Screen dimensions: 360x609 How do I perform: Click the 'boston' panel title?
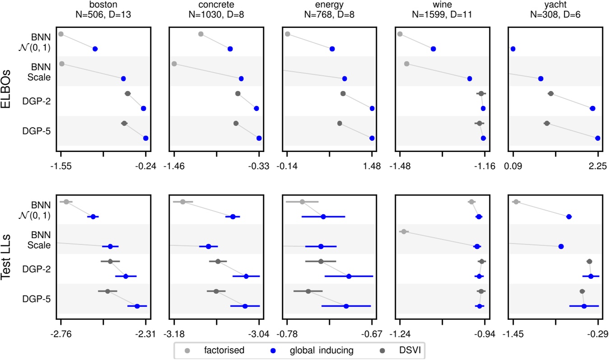(103, 5)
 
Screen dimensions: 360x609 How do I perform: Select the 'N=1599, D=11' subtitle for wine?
(443, 14)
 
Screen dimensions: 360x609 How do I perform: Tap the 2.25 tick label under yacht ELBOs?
(598, 166)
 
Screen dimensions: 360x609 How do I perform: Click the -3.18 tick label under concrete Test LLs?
(174, 334)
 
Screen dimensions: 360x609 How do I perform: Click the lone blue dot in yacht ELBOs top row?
(513, 49)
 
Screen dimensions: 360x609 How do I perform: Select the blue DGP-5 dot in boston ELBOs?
(145, 138)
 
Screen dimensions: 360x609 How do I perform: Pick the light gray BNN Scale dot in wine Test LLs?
(404, 232)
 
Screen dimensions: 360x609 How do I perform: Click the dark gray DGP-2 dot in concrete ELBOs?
(238, 93)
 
